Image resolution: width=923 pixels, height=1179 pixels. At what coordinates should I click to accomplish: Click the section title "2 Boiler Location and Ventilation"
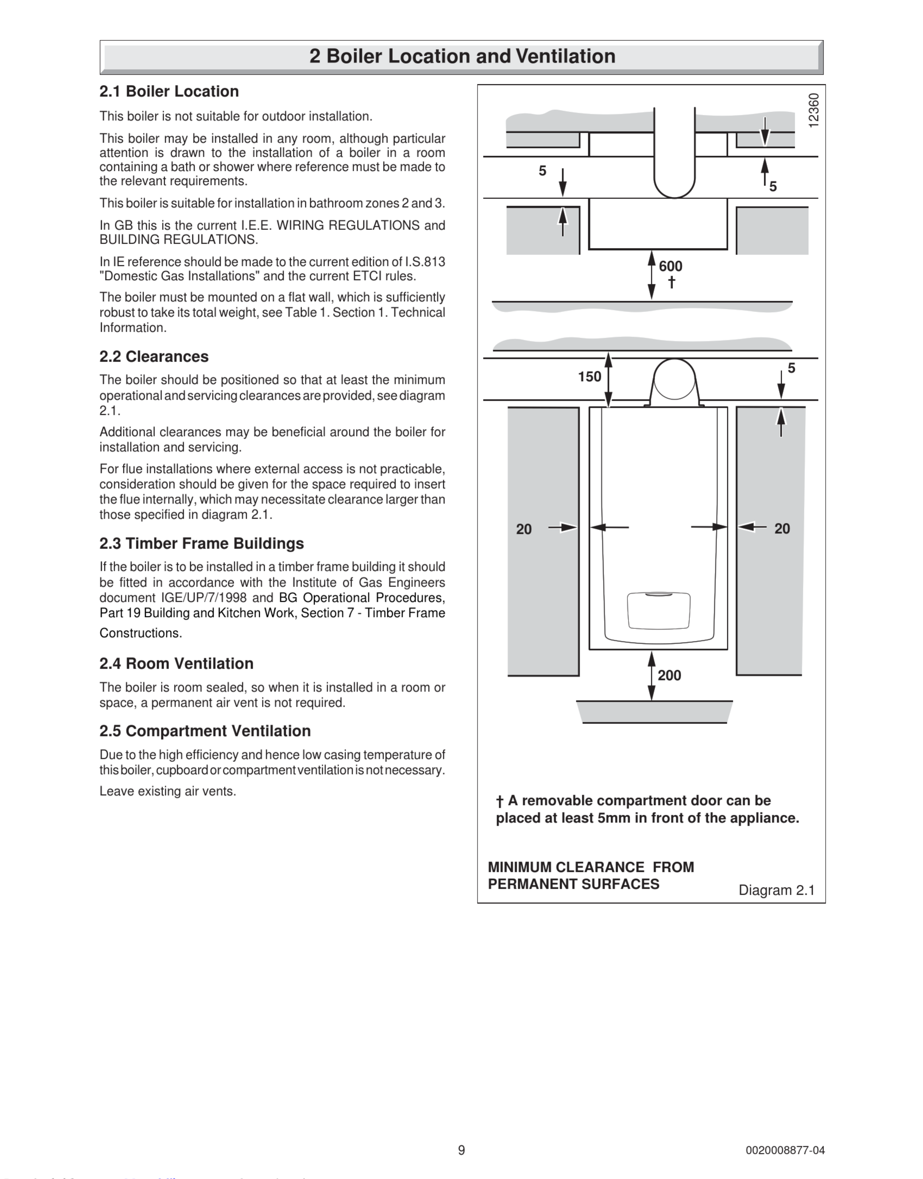[x=462, y=56]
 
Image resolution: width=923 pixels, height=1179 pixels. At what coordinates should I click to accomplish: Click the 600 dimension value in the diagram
[x=670, y=266]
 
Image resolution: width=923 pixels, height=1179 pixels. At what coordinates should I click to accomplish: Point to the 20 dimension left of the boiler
[x=524, y=529]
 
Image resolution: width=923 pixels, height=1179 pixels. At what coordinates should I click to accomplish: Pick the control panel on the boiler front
[x=658, y=611]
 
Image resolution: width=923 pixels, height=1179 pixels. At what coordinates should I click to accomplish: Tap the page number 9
[x=461, y=1150]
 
